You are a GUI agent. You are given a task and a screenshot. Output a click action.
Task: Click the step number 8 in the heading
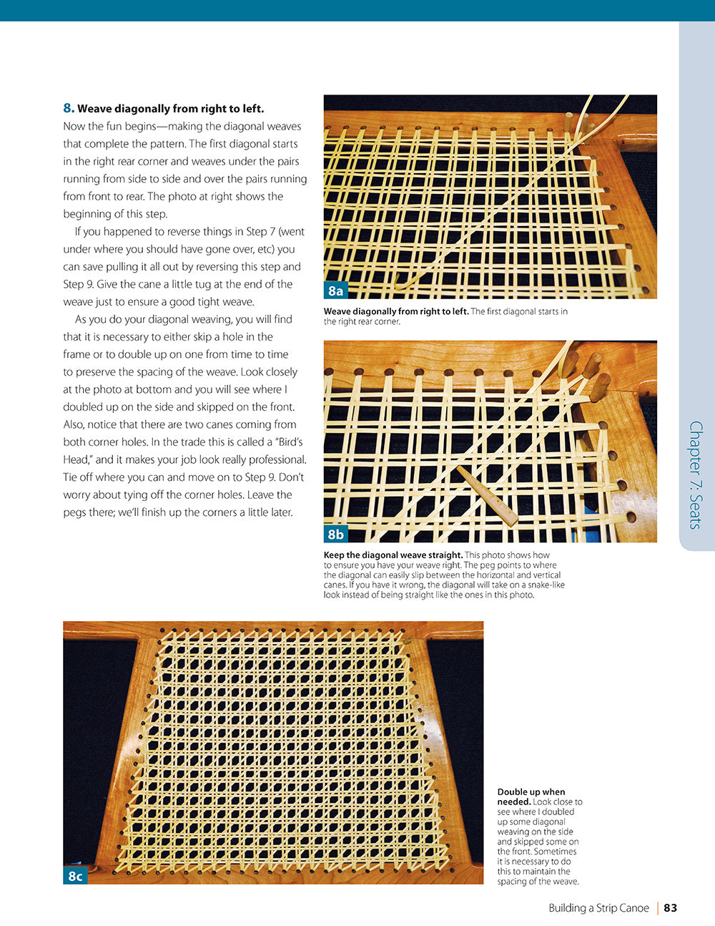click(x=69, y=109)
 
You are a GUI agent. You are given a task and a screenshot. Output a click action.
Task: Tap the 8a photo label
click(x=335, y=291)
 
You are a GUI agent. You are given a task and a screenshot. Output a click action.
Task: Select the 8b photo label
click(x=335, y=535)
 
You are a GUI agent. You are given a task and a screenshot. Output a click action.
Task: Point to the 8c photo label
click(x=75, y=876)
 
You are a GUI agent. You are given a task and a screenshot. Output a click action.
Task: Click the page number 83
click(x=670, y=908)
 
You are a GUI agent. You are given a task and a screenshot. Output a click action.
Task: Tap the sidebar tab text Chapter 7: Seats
click(x=695, y=475)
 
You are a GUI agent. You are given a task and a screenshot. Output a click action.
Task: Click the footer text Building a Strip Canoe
click(x=598, y=908)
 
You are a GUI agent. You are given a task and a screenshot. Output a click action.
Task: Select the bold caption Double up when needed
click(x=531, y=796)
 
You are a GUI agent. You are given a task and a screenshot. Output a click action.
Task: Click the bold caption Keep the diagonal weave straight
click(x=393, y=555)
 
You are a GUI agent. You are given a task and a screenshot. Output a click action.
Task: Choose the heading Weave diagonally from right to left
click(x=170, y=109)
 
